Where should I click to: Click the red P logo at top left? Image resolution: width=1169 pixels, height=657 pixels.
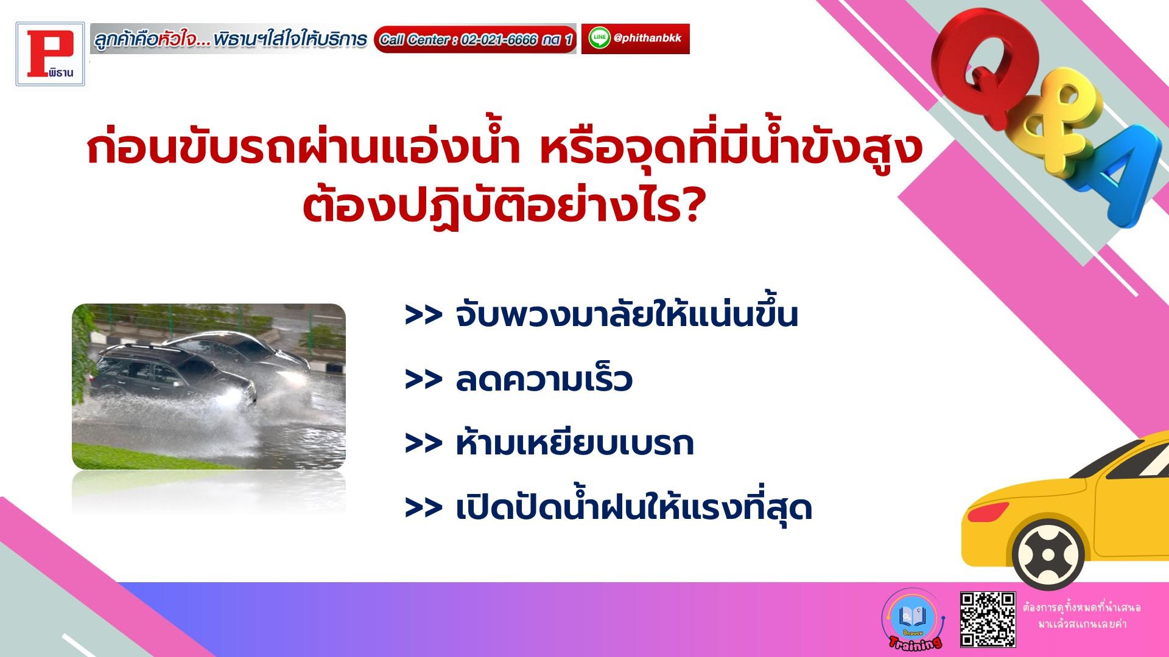point(51,54)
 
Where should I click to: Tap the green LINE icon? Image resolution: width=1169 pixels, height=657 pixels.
point(599,38)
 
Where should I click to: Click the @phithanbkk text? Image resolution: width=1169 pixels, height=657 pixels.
point(648,38)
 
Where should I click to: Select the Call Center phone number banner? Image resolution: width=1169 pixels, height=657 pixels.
point(475,40)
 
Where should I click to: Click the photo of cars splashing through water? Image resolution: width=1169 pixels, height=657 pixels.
point(209,386)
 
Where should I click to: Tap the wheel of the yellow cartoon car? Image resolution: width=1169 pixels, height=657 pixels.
point(1048,555)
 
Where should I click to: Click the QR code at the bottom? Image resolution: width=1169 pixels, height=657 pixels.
point(988,619)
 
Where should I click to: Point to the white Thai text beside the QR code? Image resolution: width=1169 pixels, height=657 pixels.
point(1081,616)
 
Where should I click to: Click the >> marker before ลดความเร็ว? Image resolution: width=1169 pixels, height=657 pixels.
point(423,380)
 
